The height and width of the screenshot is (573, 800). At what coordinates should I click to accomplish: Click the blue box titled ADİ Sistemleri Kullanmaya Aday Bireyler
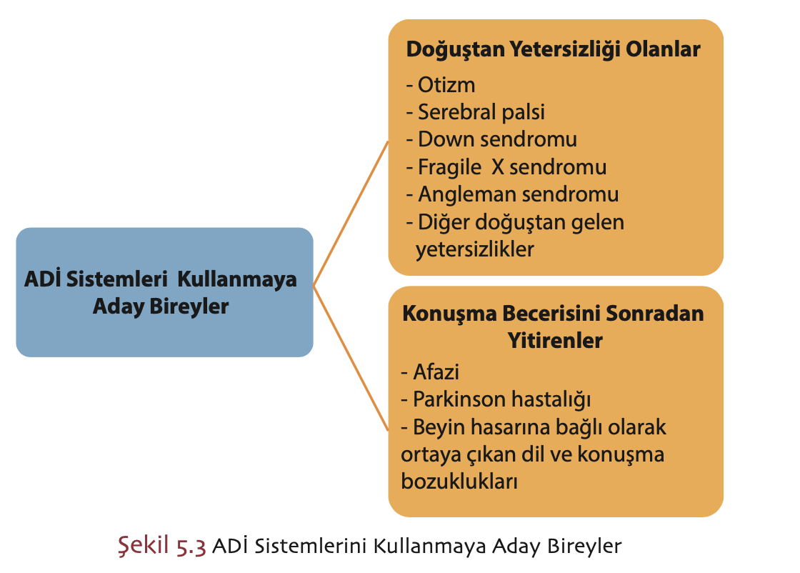coord(164,292)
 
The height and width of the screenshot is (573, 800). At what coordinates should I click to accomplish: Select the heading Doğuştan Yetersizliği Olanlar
coord(553,49)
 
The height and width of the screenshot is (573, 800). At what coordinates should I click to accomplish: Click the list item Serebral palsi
coord(476,112)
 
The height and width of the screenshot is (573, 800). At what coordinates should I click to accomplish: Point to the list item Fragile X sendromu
coord(506,167)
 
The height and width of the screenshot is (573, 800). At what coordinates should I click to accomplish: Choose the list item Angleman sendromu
coord(512,194)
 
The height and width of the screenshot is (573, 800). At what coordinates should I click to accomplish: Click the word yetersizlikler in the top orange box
coord(475,249)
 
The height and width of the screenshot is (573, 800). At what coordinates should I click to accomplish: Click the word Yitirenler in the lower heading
coord(554,341)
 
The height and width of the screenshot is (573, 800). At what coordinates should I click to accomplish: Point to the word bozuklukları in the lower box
coord(459,482)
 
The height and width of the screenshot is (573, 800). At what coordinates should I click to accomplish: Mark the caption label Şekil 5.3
coord(161,547)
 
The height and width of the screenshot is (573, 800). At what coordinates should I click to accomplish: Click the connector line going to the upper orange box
coord(351,211)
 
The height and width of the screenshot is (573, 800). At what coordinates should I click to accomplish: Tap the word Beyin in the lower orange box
coord(436,427)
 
